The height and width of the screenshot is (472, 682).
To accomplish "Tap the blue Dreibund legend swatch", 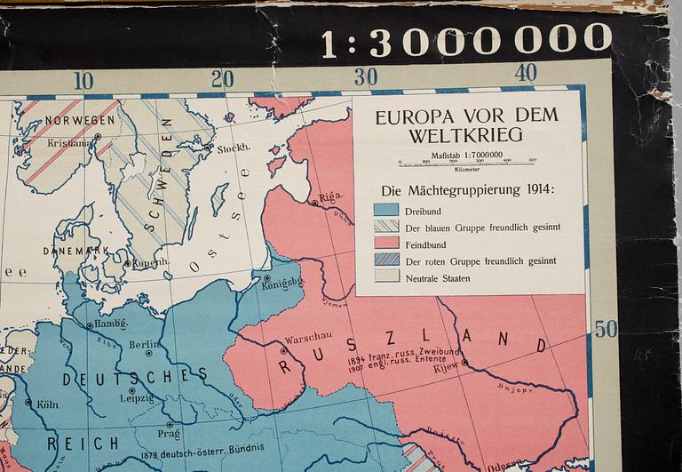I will [x=385, y=210].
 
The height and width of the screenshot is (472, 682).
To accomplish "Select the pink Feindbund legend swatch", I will [x=385, y=244].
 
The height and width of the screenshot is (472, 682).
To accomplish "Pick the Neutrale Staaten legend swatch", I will [x=385, y=277].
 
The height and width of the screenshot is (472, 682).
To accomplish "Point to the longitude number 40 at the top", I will [x=526, y=73].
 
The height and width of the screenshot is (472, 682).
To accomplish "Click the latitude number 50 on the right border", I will [x=605, y=330].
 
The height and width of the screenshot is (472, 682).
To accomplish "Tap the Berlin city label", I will [x=142, y=345].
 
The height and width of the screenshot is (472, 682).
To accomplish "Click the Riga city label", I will [x=330, y=196].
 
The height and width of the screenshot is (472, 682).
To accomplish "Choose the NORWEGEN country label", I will [x=80, y=119].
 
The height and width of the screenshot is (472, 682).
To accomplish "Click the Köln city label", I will [x=47, y=404].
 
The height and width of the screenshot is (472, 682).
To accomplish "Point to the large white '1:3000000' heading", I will [x=466, y=39].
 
